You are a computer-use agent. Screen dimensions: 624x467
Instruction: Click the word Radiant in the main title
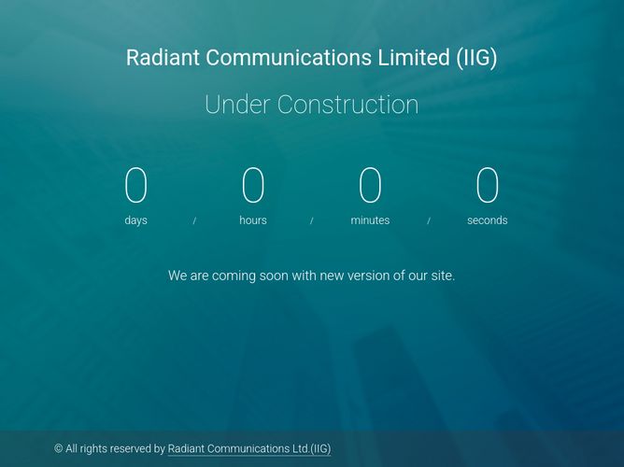(x=163, y=57)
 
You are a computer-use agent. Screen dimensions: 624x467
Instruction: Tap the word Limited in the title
(x=414, y=57)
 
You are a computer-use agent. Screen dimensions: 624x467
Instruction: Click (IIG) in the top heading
(x=476, y=58)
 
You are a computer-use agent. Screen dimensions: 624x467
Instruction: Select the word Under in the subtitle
(x=236, y=105)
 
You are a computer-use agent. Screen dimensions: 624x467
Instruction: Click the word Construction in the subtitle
(x=347, y=105)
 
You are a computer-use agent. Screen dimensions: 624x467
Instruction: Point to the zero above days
(x=136, y=185)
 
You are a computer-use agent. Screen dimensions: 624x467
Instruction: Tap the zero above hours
(x=253, y=185)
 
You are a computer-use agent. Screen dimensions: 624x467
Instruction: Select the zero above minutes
(x=370, y=185)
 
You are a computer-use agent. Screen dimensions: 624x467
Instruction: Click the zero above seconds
(x=487, y=185)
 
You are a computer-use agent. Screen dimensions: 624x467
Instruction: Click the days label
(x=136, y=220)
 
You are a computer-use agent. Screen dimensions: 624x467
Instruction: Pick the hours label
(x=253, y=220)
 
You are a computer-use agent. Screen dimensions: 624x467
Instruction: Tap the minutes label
(x=370, y=220)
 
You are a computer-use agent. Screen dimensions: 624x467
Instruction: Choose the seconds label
(x=487, y=220)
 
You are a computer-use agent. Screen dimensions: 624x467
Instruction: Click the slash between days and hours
(x=194, y=220)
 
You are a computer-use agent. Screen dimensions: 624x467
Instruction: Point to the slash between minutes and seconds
(x=429, y=220)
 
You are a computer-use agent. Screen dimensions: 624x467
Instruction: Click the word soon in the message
(x=274, y=276)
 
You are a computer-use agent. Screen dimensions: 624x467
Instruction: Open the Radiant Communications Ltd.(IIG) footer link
(x=249, y=449)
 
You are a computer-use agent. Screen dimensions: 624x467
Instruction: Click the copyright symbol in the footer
(x=59, y=448)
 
